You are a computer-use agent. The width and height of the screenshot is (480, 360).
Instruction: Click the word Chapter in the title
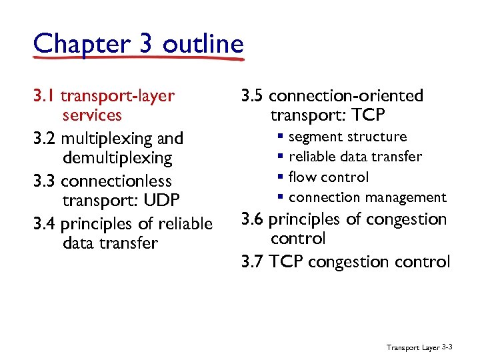click(x=73, y=44)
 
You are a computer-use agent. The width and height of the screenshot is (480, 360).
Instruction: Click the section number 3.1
click(x=44, y=96)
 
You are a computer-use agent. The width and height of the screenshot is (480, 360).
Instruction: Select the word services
click(x=92, y=115)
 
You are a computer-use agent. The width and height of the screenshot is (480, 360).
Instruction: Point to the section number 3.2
click(x=44, y=139)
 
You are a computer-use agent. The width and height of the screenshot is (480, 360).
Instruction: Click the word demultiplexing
click(x=117, y=159)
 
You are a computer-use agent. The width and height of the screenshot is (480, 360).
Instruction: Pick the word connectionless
click(x=116, y=181)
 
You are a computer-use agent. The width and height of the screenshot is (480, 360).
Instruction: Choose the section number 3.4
click(x=44, y=224)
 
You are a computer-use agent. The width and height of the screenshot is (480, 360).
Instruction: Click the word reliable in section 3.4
click(x=186, y=224)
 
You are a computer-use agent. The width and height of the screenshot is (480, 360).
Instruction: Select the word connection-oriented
click(x=346, y=96)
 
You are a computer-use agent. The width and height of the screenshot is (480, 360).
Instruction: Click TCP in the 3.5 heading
click(x=367, y=115)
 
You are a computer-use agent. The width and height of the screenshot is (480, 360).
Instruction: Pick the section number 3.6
click(x=252, y=219)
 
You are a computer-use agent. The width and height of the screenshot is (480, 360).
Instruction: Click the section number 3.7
click(x=252, y=261)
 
